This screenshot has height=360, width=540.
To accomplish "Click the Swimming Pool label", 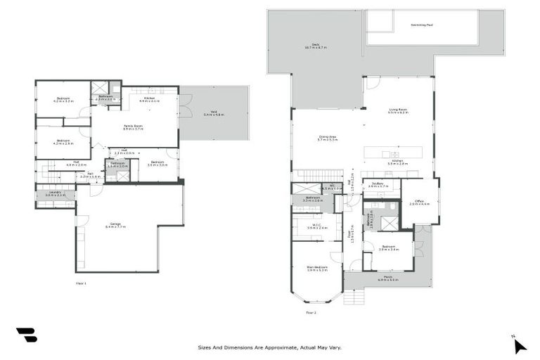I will (420, 25).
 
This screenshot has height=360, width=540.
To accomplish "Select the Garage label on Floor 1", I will (115, 225).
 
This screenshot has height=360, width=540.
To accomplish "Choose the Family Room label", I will (133, 127).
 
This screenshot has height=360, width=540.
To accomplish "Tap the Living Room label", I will (398, 110).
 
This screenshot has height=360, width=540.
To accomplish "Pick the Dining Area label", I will (327, 139).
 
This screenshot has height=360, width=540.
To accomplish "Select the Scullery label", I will (378, 185).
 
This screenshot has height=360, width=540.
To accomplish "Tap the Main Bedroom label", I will (317, 268).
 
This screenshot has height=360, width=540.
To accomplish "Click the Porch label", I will (388, 278).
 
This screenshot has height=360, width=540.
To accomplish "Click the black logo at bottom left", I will (26, 335).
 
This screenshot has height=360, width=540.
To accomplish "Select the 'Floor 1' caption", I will (81, 283).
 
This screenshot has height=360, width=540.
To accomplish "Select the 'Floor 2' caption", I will (311, 312).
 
